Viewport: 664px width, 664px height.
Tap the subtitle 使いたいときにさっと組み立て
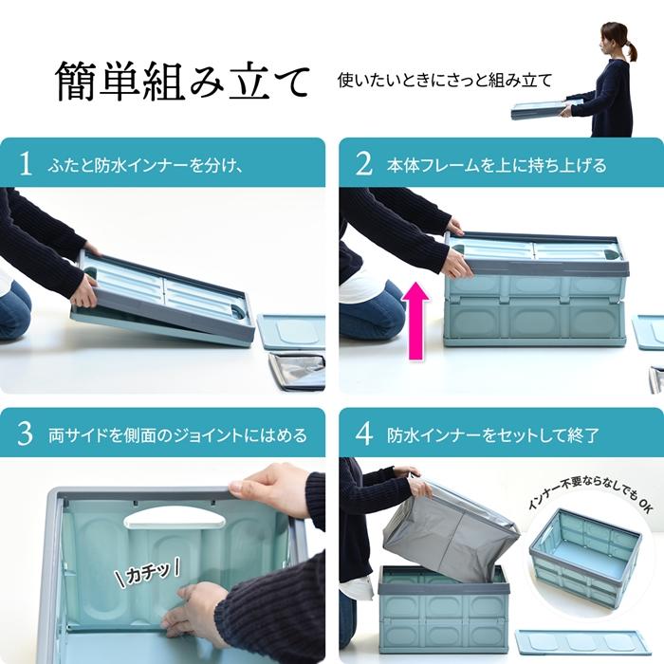(444, 81)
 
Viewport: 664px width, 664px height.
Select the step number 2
(363, 163)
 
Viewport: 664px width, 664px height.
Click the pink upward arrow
(415, 319)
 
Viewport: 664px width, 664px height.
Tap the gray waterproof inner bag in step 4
(452, 531)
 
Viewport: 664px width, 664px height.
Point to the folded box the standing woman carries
(544, 108)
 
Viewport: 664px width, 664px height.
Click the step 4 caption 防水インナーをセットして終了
(492, 435)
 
